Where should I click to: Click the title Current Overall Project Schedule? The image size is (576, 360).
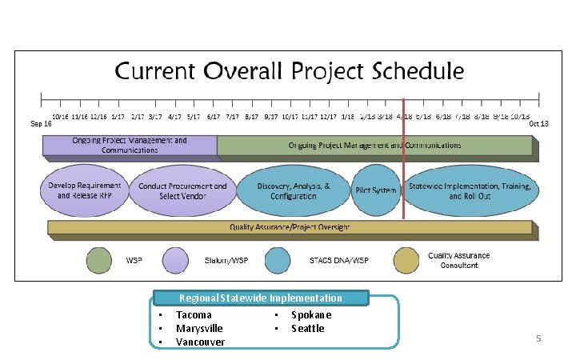tap(290, 70)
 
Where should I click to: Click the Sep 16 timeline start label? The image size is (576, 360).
tap(42, 124)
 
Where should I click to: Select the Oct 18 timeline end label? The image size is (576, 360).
tap(539, 124)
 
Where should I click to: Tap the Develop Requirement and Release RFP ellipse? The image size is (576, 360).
tap(84, 190)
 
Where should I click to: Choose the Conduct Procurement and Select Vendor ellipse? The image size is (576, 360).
tap(182, 190)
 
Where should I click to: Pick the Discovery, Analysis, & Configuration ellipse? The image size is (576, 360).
tap(293, 190)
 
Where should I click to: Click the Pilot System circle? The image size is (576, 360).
tap(375, 190)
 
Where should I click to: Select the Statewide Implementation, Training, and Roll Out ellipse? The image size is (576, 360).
tap(470, 190)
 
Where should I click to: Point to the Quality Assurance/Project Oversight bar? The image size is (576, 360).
tap(290, 227)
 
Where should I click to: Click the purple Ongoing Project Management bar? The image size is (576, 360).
tap(130, 145)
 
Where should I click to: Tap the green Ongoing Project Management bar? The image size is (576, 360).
tap(374, 145)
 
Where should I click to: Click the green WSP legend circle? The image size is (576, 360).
tap(99, 261)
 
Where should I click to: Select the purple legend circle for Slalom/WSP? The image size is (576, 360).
tap(176, 261)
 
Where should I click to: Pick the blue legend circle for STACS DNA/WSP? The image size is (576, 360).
tap(278, 261)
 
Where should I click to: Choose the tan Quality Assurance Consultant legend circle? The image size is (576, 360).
tap(406, 261)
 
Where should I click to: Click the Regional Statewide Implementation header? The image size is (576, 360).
tap(261, 298)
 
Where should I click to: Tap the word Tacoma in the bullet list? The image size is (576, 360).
tap(194, 315)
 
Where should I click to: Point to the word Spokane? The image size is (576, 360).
tap(311, 315)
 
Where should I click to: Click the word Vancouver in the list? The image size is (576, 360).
tap(200, 342)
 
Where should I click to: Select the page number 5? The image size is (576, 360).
tap(538, 339)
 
